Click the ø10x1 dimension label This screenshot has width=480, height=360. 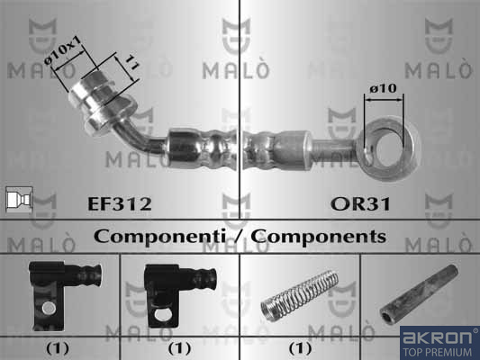pyautogui.click(x=64, y=50)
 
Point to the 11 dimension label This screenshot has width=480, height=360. pyautogui.click(x=133, y=62)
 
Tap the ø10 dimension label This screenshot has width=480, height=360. pyautogui.click(x=383, y=89)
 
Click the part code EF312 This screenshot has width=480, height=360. pyautogui.click(x=120, y=204)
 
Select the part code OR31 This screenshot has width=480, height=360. pyautogui.click(x=360, y=204)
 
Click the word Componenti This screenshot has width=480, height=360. pyautogui.click(x=159, y=237)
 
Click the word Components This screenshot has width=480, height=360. pyautogui.click(x=319, y=237)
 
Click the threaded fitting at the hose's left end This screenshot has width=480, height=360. pyautogui.click(x=103, y=103)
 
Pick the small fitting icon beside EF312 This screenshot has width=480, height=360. pyautogui.click(x=19, y=200)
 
